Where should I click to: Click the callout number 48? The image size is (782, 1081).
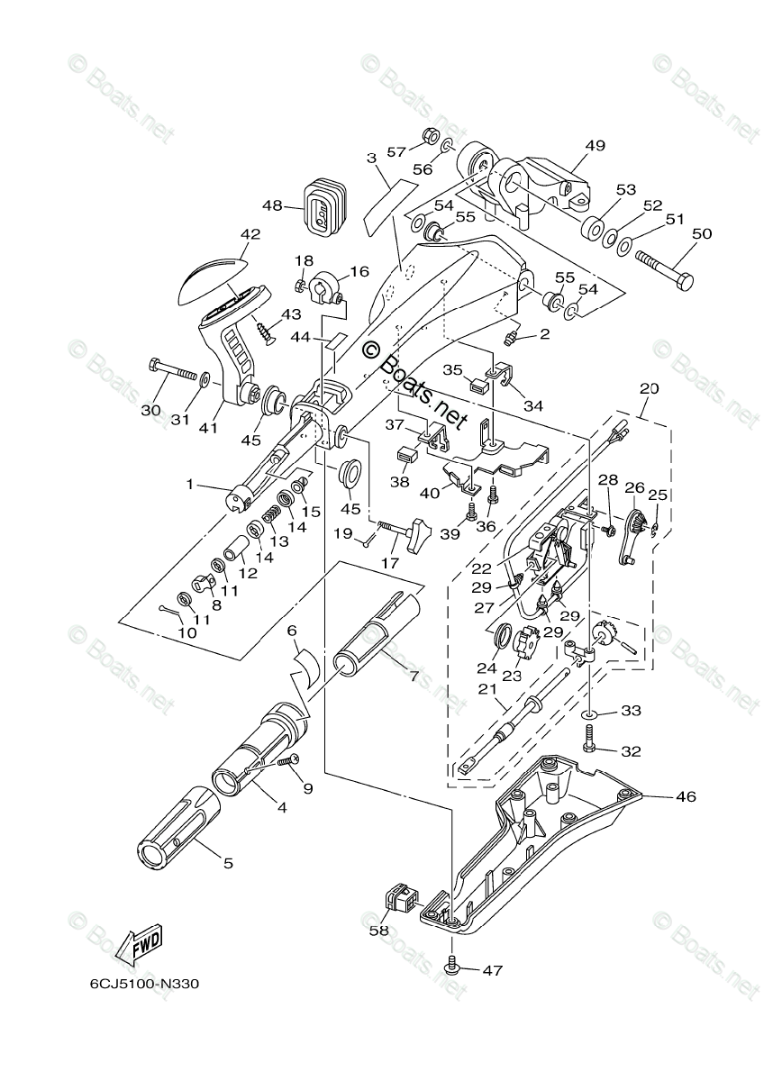pyautogui.click(x=273, y=204)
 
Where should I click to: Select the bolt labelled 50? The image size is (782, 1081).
pyautogui.click(x=665, y=269)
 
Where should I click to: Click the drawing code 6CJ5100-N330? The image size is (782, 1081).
pyautogui.click(x=143, y=984)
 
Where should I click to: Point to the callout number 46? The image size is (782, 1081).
pyautogui.click(x=687, y=796)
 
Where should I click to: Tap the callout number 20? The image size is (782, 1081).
pyautogui.click(x=649, y=389)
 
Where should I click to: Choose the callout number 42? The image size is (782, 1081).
pyautogui.click(x=250, y=234)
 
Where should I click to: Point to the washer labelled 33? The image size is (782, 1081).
pyautogui.click(x=589, y=713)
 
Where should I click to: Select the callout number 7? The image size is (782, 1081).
pyautogui.click(x=414, y=675)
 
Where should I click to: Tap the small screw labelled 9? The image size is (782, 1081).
pyautogui.click(x=289, y=762)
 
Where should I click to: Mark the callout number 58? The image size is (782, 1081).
pyautogui.click(x=378, y=931)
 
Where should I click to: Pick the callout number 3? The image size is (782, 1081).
pyautogui.click(x=371, y=158)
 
